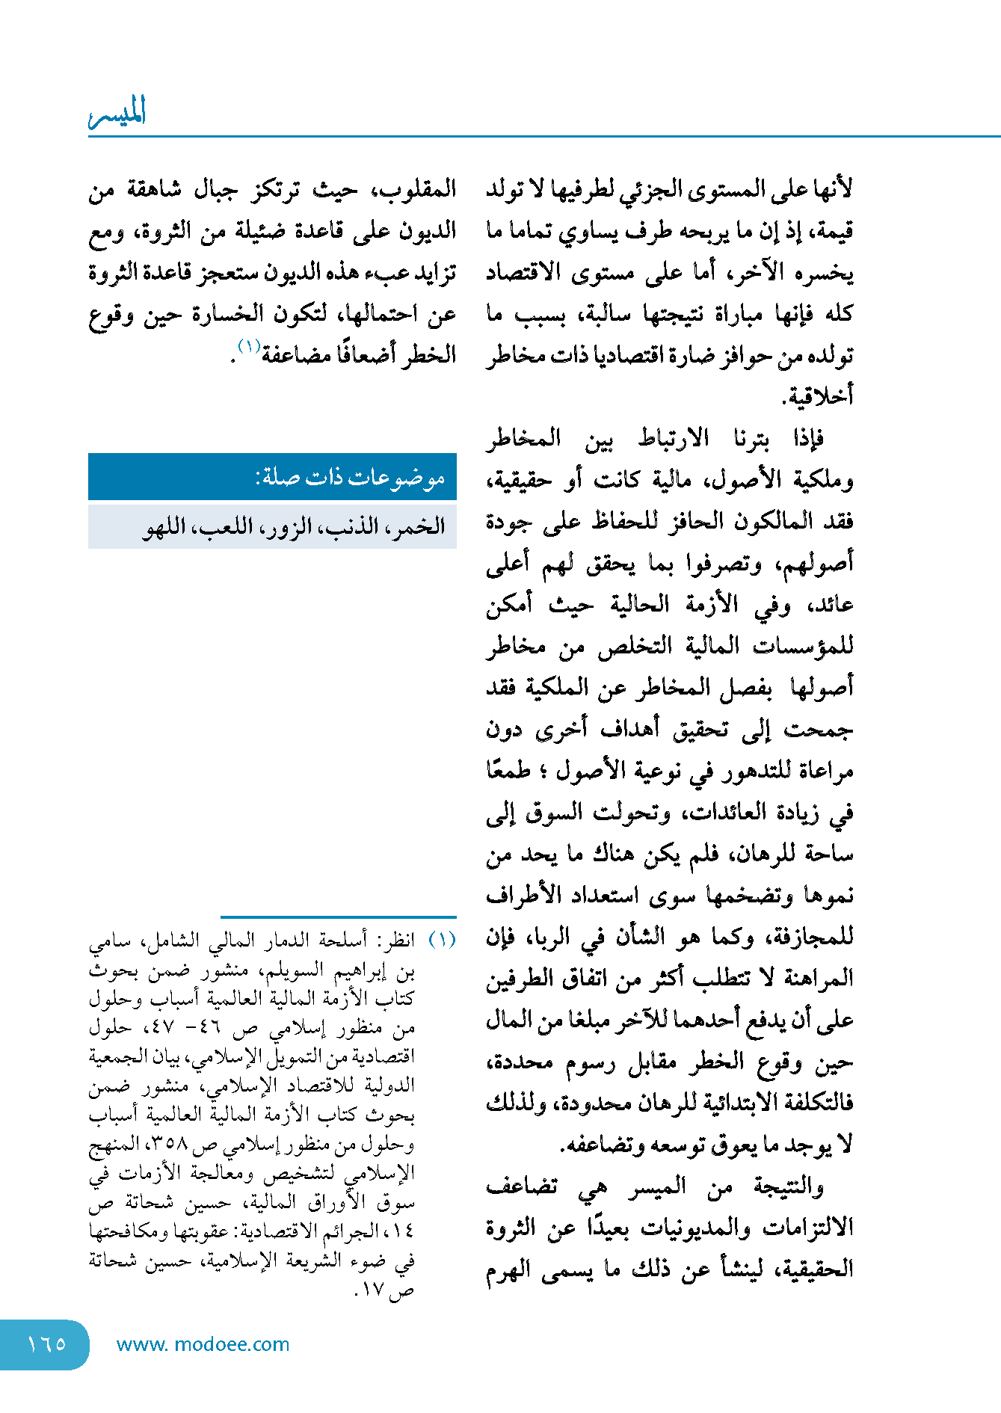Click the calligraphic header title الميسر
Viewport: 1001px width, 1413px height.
click(117, 112)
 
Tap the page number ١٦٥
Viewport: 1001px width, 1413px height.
click(46, 1343)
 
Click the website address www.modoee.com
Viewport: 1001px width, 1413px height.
click(203, 1344)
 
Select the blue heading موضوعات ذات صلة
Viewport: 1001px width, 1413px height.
click(351, 477)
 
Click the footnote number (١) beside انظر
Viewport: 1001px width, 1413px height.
click(442, 939)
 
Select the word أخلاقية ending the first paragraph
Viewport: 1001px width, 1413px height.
click(818, 396)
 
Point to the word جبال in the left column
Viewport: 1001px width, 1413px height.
click(215, 188)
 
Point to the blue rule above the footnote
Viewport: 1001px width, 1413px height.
click(338, 917)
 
